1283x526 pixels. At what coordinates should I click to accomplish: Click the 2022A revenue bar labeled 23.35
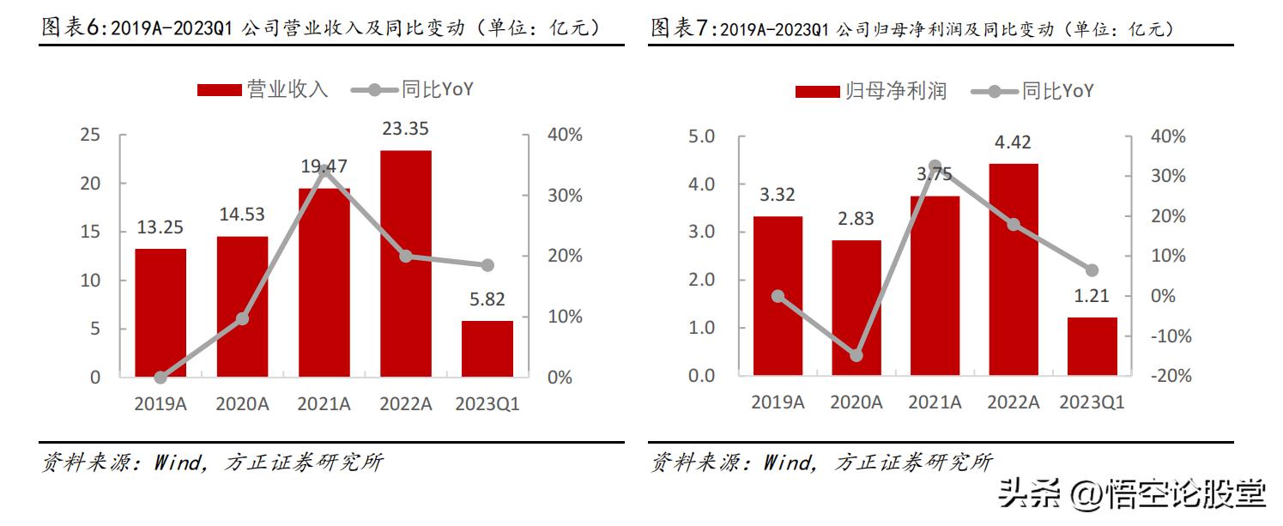pyautogui.click(x=406, y=263)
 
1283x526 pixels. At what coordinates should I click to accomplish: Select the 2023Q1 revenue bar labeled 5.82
pyautogui.click(x=487, y=348)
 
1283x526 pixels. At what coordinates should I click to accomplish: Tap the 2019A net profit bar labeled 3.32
pyautogui.click(x=777, y=295)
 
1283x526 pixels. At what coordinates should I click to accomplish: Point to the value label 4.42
pyautogui.click(x=1014, y=142)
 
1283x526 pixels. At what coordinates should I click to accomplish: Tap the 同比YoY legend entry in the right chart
pyautogui.click(x=1056, y=91)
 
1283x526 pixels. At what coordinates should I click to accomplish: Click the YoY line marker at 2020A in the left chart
pyautogui.click(x=242, y=318)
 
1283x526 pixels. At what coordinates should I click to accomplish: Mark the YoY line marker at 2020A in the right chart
pyautogui.click(x=856, y=355)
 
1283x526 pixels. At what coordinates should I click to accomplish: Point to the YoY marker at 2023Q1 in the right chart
pyautogui.click(x=1092, y=270)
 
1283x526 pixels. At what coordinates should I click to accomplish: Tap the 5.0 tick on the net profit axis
pyautogui.click(x=702, y=136)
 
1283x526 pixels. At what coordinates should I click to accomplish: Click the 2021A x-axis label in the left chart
pyautogui.click(x=324, y=404)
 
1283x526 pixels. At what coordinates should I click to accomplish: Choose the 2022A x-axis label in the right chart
pyautogui.click(x=1014, y=402)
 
